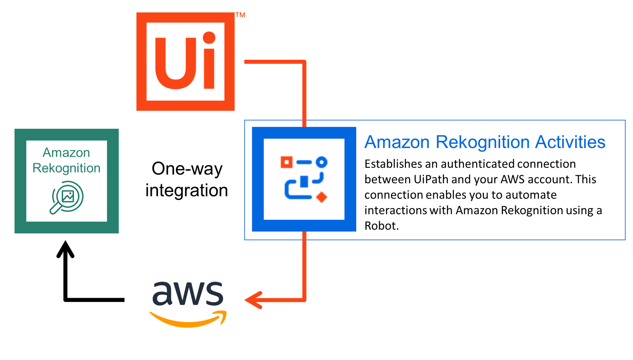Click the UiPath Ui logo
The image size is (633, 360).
(x=185, y=62)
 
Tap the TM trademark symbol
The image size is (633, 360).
(x=240, y=15)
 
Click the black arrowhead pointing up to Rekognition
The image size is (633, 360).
(x=65, y=249)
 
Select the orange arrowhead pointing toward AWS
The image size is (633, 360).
(x=253, y=300)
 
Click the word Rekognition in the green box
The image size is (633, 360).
(x=66, y=168)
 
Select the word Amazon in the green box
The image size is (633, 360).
(x=66, y=153)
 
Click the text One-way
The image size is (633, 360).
(x=187, y=169)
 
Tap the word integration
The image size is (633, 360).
(x=187, y=190)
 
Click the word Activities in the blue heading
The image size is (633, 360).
(x=570, y=142)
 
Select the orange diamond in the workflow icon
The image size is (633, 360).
(x=322, y=197)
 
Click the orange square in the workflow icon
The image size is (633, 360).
(x=286, y=162)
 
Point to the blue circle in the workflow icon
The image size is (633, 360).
(x=322, y=162)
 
